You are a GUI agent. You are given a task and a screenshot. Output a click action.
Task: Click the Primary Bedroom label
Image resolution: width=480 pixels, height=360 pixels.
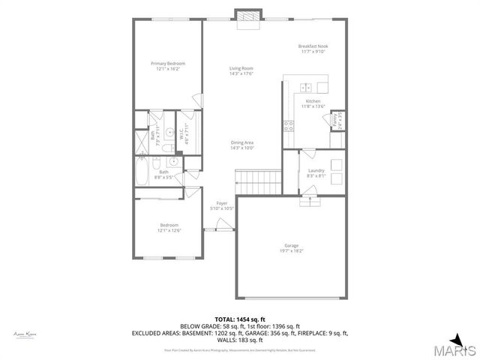tap(167, 64)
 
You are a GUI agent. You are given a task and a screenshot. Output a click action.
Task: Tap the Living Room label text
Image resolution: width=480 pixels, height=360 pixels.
tap(241, 69)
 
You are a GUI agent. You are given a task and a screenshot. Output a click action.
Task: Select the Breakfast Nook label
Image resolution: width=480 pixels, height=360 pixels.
tap(313, 46)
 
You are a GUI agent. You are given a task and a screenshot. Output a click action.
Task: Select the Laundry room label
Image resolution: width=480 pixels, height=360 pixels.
tap(316, 171)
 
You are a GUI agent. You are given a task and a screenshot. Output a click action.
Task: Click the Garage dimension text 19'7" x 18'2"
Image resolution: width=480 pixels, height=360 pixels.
tap(292, 250)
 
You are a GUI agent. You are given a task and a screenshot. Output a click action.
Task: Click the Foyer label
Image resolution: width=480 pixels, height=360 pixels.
tap(222, 203)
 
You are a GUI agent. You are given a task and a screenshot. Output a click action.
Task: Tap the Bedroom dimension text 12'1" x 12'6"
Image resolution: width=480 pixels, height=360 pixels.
tap(169, 230)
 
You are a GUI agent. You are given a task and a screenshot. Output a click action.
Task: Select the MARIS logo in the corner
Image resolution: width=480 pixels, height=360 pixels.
tap(457, 349)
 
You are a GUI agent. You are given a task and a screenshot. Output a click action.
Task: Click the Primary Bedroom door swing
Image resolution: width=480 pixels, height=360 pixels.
tap(196, 100)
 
